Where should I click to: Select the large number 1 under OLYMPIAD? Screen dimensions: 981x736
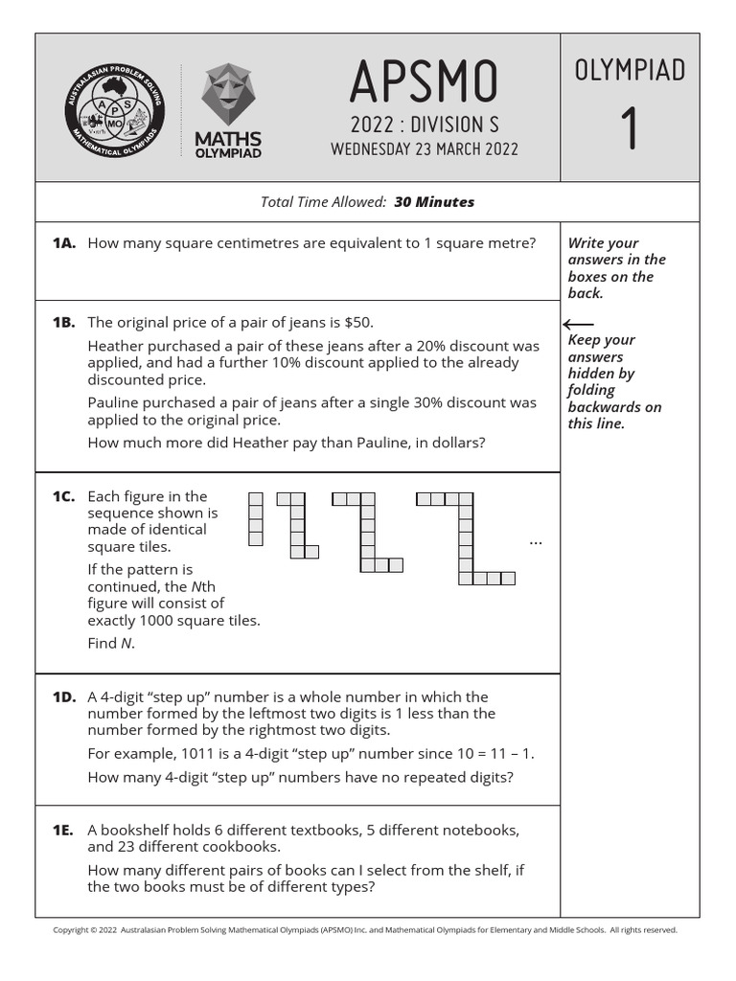[630, 129]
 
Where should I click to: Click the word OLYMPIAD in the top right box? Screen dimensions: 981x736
[630, 70]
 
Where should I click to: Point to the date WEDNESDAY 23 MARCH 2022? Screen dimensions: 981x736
[424, 148]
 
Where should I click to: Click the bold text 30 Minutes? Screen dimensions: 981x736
[433, 202]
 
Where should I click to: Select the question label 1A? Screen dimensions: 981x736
[64, 243]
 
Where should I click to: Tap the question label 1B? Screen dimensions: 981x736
[64, 322]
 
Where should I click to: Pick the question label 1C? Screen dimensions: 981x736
[64, 496]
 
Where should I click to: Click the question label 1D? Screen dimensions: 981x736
[64, 697]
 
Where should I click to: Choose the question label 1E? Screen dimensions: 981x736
[64, 830]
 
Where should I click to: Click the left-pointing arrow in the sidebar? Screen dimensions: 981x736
[580, 325]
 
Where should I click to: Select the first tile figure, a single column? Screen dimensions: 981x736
[255, 519]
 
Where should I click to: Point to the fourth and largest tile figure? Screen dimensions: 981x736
[466, 537]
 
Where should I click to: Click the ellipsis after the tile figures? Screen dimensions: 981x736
[536, 542]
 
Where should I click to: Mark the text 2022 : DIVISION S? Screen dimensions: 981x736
[424, 125]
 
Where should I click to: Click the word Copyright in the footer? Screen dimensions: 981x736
[69, 929]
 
